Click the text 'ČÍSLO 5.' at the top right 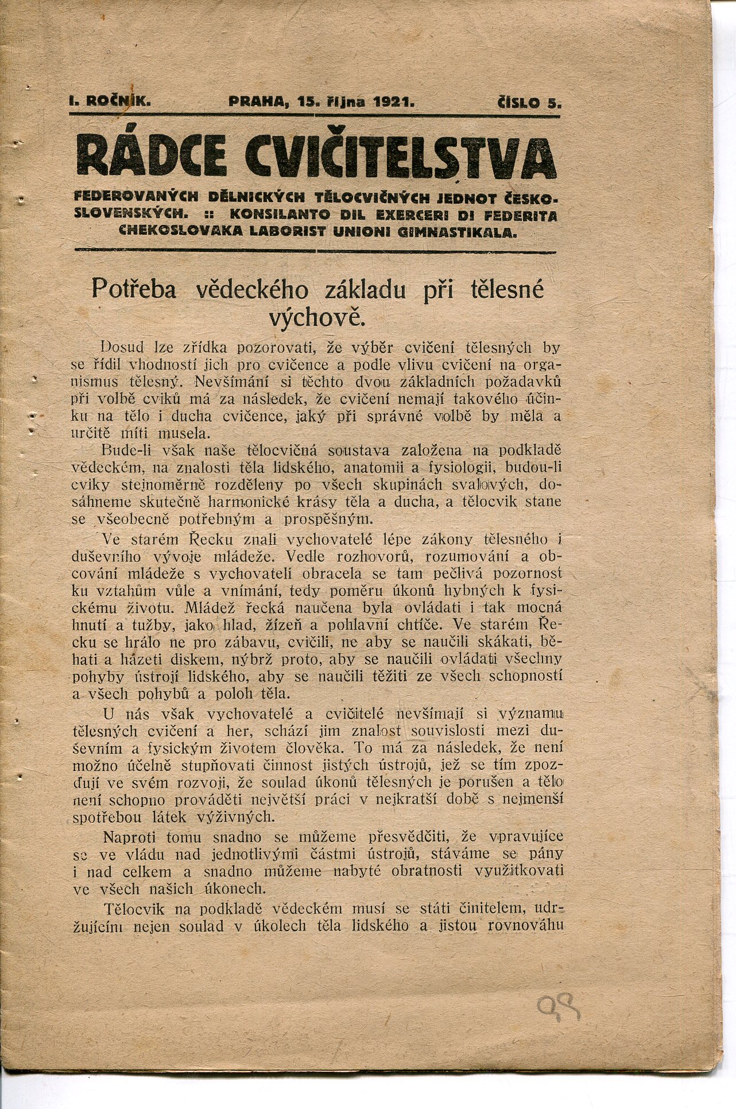[529, 103]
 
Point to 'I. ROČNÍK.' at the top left [110, 102]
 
